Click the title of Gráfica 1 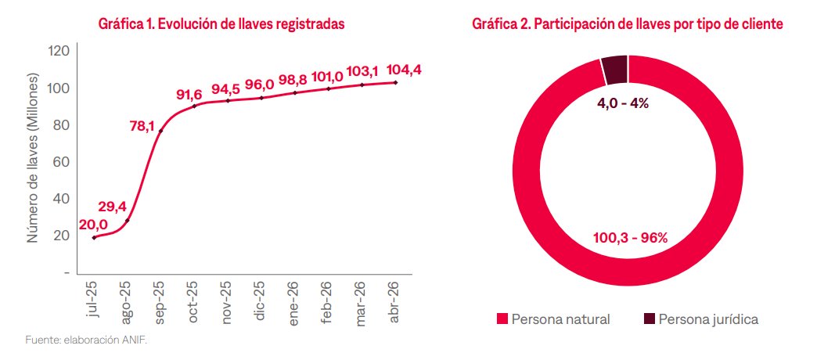(222, 24)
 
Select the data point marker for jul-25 (94, 237)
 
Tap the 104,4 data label (405, 70)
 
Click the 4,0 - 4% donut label (617, 103)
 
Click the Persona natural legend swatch (502, 319)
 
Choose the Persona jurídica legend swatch (649, 319)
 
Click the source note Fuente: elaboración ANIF (86, 340)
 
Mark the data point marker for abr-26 (395, 82)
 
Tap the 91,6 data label (189, 95)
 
